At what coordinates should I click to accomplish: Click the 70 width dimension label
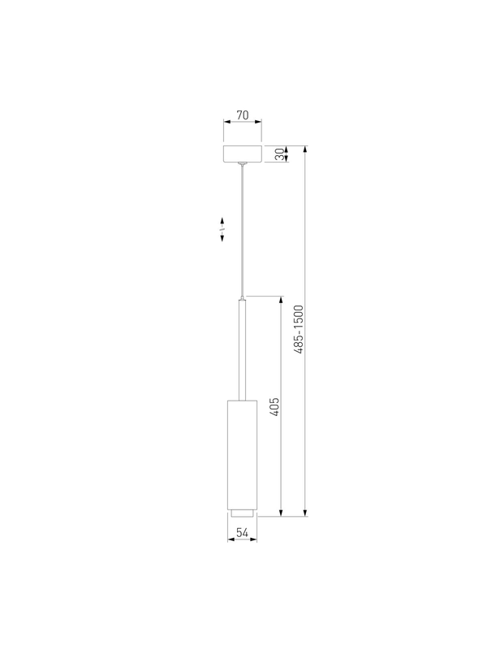(x=243, y=115)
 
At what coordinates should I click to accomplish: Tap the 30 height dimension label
(x=280, y=154)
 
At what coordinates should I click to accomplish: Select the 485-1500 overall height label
(x=298, y=330)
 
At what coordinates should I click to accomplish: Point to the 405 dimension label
(x=274, y=407)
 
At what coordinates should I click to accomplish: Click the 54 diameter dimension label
(x=242, y=533)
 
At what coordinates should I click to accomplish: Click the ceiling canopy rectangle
(x=243, y=154)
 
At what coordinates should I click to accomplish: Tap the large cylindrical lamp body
(x=242, y=455)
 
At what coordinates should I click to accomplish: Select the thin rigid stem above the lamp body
(x=242, y=350)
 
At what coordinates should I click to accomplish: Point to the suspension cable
(x=242, y=230)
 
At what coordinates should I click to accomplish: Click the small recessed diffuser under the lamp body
(x=242, y=513)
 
